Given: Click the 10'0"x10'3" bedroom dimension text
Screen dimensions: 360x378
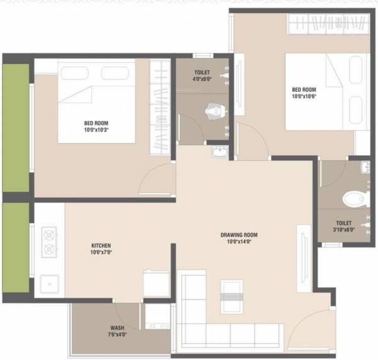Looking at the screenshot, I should pos(97,130).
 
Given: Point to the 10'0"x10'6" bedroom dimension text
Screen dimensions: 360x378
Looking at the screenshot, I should pos(304,96).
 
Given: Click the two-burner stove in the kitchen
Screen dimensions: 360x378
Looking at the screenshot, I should pos(49,242).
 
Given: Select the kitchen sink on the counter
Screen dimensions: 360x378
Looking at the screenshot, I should pos(48,284).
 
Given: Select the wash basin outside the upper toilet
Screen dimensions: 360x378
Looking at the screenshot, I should pos(219,152).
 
